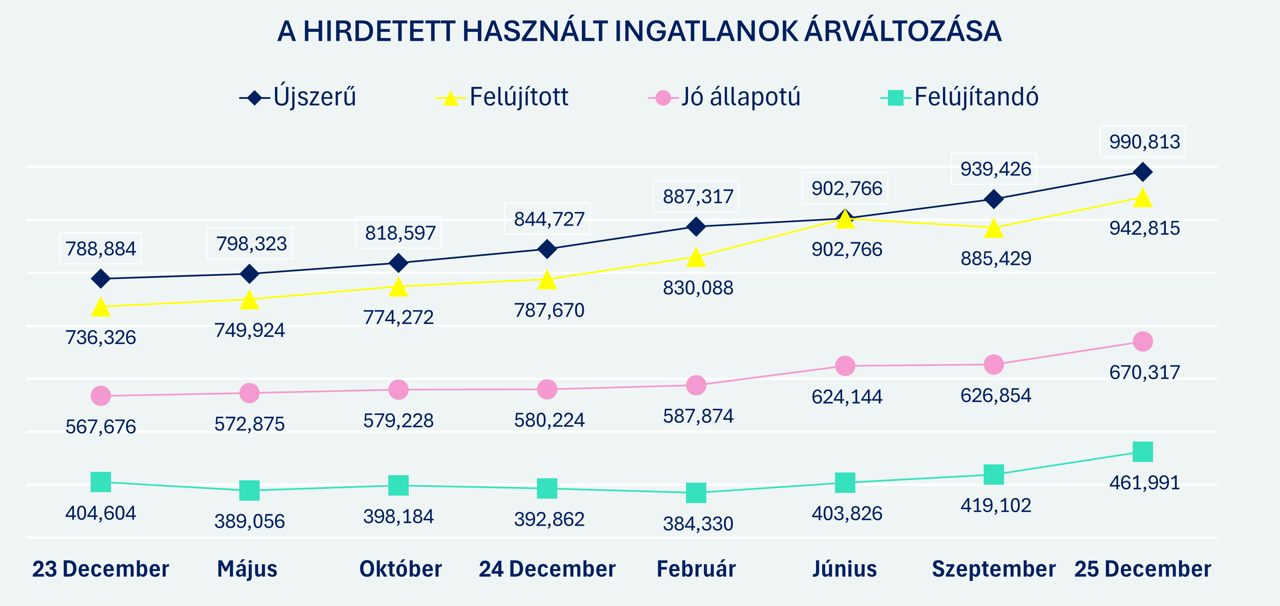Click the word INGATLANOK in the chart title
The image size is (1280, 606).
pyautogui.click(x=706, y=32)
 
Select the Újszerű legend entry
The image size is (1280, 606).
pyautogui.click(x=298, y=97)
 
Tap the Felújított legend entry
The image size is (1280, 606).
pyautogui.click(x=502, y=97)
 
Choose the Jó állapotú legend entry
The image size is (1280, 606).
pyautogui.click(x=725, y=97)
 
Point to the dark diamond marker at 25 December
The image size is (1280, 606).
pyautogui.click(x=1143, y=172)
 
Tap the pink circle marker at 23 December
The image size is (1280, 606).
pyautogui.click(x=101, y=396)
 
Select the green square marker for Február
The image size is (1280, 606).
pyautogui.click(x=696, y=493)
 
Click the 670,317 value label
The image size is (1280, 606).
pyautogui.click(x=1144, y=372)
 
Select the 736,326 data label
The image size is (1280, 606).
pyautogui.click(x=101, y=338)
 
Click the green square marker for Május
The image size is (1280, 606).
pyautogui.click(x=249, y=491)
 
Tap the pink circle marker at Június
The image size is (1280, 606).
pyautogui.click(x=845, y=366)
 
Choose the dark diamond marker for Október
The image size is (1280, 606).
pyautogui.click(x=398, y=263)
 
